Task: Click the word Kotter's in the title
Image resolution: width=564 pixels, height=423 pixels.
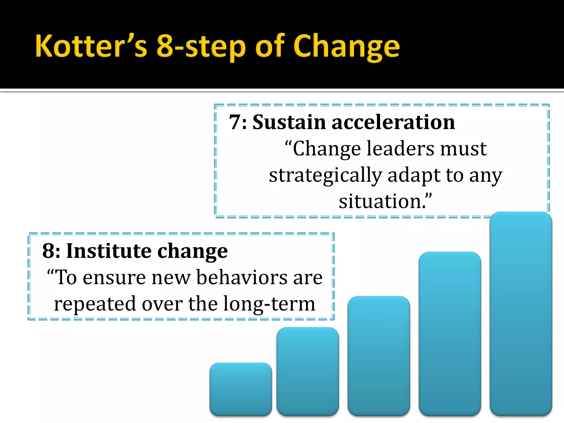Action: pyautogui.click(x=91, y=46)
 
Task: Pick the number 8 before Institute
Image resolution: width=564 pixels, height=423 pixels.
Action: pyautogui.click(x=48, y=251)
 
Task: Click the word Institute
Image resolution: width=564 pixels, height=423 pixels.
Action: pyautogui.click(x=109, y=251)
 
